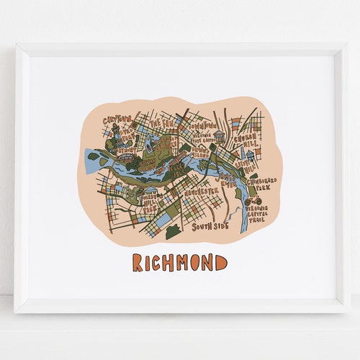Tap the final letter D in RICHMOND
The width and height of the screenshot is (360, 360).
(219, 262)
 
